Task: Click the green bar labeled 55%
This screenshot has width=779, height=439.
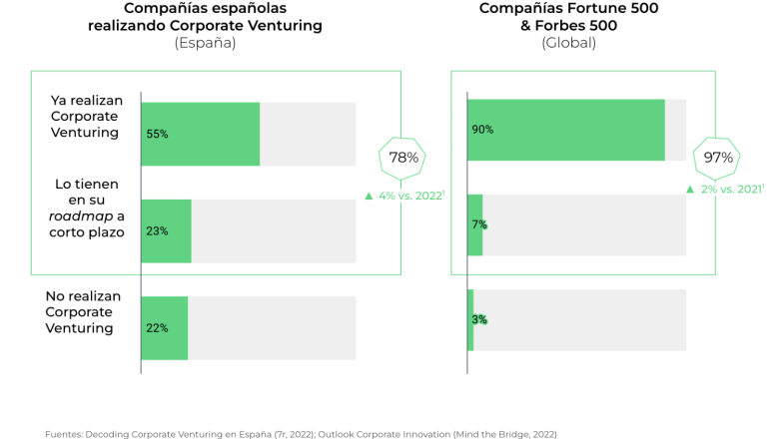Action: [200, 134]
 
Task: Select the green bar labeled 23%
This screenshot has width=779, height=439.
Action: [166, 230]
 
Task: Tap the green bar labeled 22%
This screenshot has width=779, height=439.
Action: [164, 327]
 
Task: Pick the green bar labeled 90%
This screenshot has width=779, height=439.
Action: [565, 130]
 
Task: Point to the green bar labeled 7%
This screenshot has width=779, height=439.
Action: [474, 224]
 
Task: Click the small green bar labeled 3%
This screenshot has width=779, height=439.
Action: [470, 319]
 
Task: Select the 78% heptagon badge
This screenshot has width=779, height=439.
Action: [403, 158]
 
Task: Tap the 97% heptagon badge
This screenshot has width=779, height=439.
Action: [718, 158]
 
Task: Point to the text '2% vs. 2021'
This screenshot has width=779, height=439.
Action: [732, 189]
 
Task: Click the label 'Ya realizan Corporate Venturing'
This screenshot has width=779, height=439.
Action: [84, 116]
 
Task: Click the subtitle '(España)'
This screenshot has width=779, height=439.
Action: [205, 43]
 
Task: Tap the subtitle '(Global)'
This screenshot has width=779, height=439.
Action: [568, 43]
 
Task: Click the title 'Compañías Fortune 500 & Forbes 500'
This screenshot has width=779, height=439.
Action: [568, 17]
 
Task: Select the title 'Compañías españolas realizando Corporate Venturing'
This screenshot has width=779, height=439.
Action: [205, 17]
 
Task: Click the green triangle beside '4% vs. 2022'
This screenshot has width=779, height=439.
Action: [370, 196]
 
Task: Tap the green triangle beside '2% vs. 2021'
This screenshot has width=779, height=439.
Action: [689, 189]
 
